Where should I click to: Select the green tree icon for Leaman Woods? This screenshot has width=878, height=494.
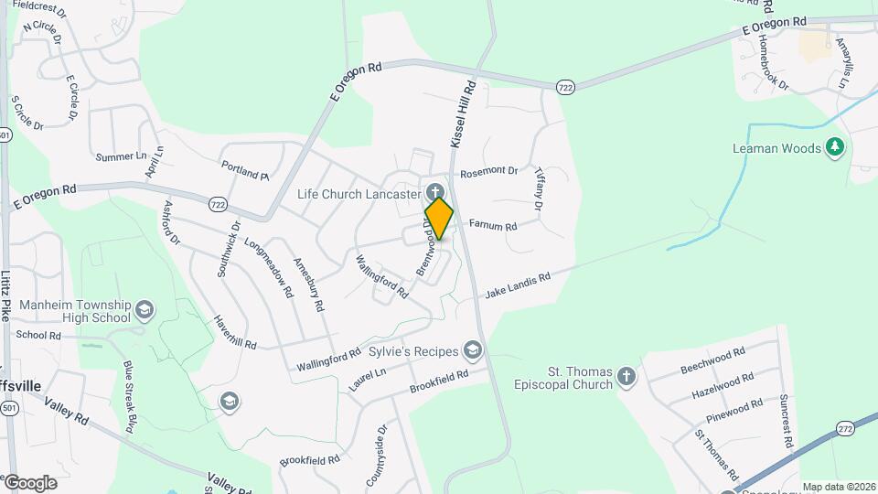click(x=834, y=147)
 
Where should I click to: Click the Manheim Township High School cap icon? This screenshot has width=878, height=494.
click(x=144, y=310)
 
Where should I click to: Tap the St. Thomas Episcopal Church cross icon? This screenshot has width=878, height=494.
click(x=626, y=376)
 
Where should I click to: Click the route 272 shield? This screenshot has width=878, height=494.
click(x=845, y=427)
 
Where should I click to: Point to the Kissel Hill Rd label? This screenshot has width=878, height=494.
click(x=465, y=114)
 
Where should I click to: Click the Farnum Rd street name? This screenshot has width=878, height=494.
click(x=493, y=225)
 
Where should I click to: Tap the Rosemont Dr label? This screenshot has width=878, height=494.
click(x=489, y=171)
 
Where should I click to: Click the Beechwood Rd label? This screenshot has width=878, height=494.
click(x=713, y=362)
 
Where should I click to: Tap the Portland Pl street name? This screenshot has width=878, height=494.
click(x=245, y=169)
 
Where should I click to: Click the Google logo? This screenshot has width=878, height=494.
click(x=30, y=482)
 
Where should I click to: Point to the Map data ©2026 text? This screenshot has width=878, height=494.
click(x=838, y=487)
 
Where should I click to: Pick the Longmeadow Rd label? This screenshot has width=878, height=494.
click(x=268, y=267)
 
